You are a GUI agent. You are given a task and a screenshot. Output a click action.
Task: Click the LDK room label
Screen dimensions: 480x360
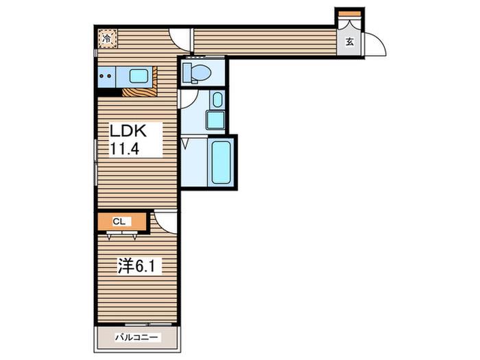(x=128, y=131)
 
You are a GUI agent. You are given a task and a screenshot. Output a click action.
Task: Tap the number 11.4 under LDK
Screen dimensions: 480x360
(x=124, y=149)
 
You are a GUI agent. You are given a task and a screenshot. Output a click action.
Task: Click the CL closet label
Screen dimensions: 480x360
(x=119, y=221)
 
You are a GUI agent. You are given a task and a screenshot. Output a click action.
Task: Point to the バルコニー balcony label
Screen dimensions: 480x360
(x=137, y=337)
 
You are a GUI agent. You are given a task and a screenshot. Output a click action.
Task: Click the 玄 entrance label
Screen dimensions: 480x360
(x=350, y=42)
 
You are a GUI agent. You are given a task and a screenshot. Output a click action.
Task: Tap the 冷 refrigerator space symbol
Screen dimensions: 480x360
(x=107, y=38)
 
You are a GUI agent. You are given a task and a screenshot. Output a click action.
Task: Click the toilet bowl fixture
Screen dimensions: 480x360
(x=197, y=73)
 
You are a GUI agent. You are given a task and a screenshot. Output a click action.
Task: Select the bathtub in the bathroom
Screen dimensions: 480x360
(x=221, y=163)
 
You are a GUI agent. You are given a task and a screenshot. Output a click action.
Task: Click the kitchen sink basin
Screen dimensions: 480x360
(x=139, y=76)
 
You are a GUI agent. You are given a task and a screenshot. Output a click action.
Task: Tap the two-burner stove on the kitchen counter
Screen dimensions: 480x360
(x=106, y=76)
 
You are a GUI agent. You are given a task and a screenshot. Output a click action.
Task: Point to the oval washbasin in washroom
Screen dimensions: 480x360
(x=217, y=99)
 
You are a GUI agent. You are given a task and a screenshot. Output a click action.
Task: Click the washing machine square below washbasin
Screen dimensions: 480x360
(x=215, y=120)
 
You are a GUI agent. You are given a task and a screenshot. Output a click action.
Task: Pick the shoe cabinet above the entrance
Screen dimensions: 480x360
(x=350, y=14)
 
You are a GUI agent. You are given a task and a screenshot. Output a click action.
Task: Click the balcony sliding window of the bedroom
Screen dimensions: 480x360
(x=148, y=324)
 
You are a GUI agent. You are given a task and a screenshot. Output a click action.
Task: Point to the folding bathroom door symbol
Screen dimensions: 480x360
(x=186, y=144)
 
